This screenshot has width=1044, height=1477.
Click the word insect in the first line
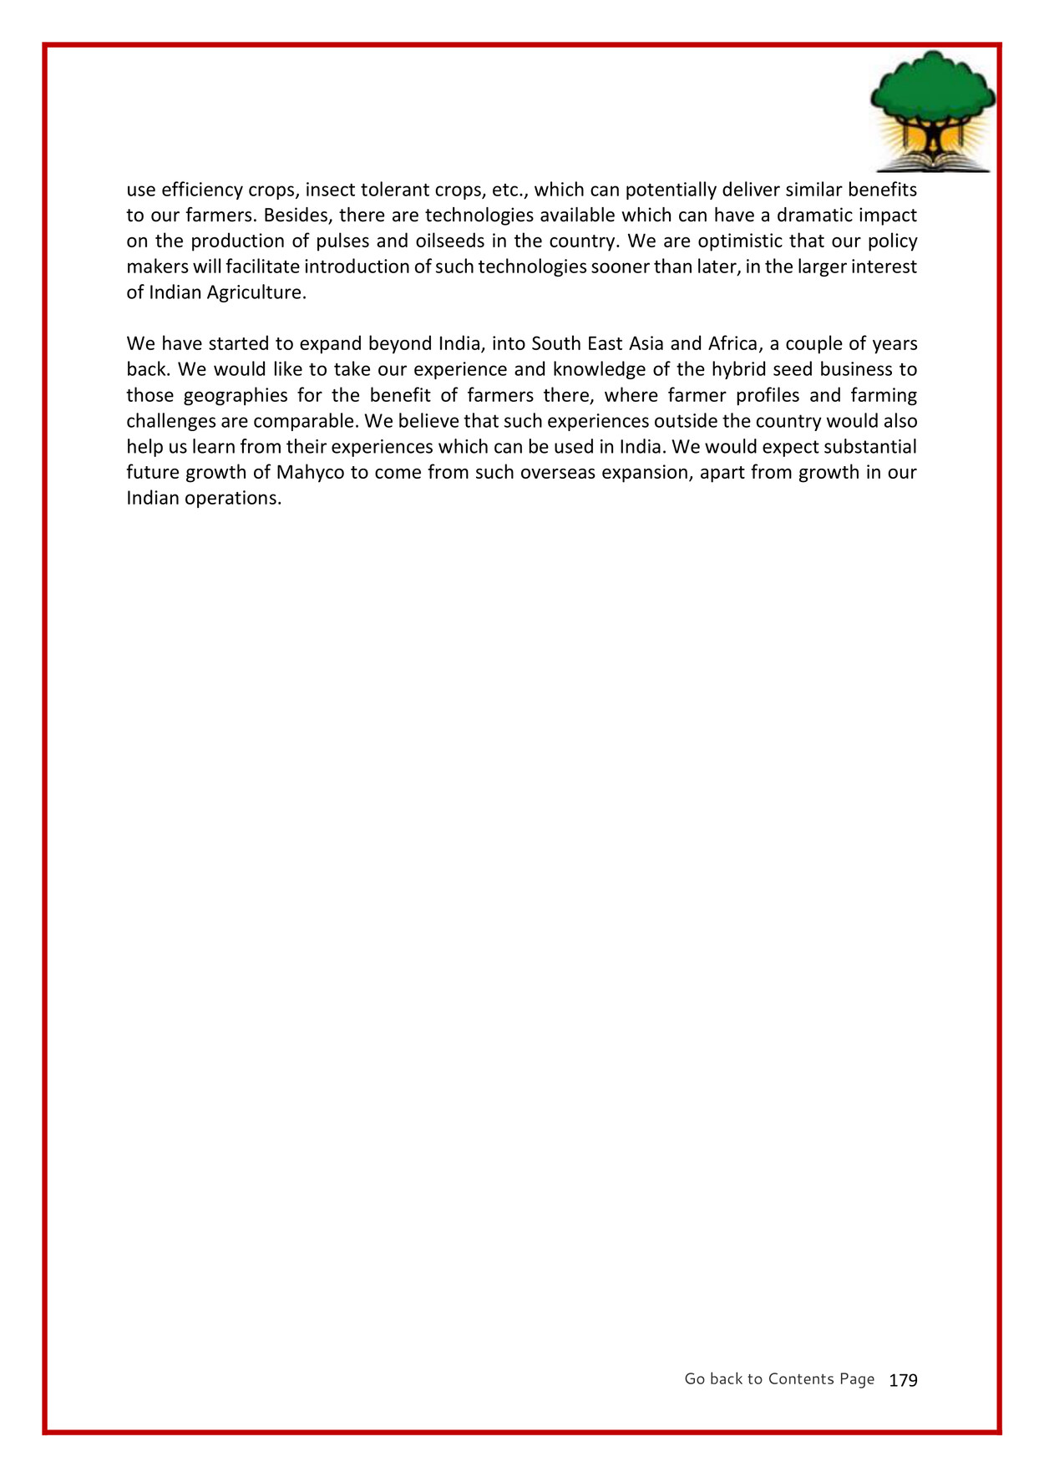(x=330, y=190)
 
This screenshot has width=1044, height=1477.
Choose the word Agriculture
(x=256, y=293)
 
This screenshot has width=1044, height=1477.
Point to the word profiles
(x=768, y=395)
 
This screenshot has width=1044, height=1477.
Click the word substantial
(x=870, y=447)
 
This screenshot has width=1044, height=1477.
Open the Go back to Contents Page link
(x=779, y=1379)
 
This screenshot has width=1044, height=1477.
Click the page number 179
(x=903, y=1381)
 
